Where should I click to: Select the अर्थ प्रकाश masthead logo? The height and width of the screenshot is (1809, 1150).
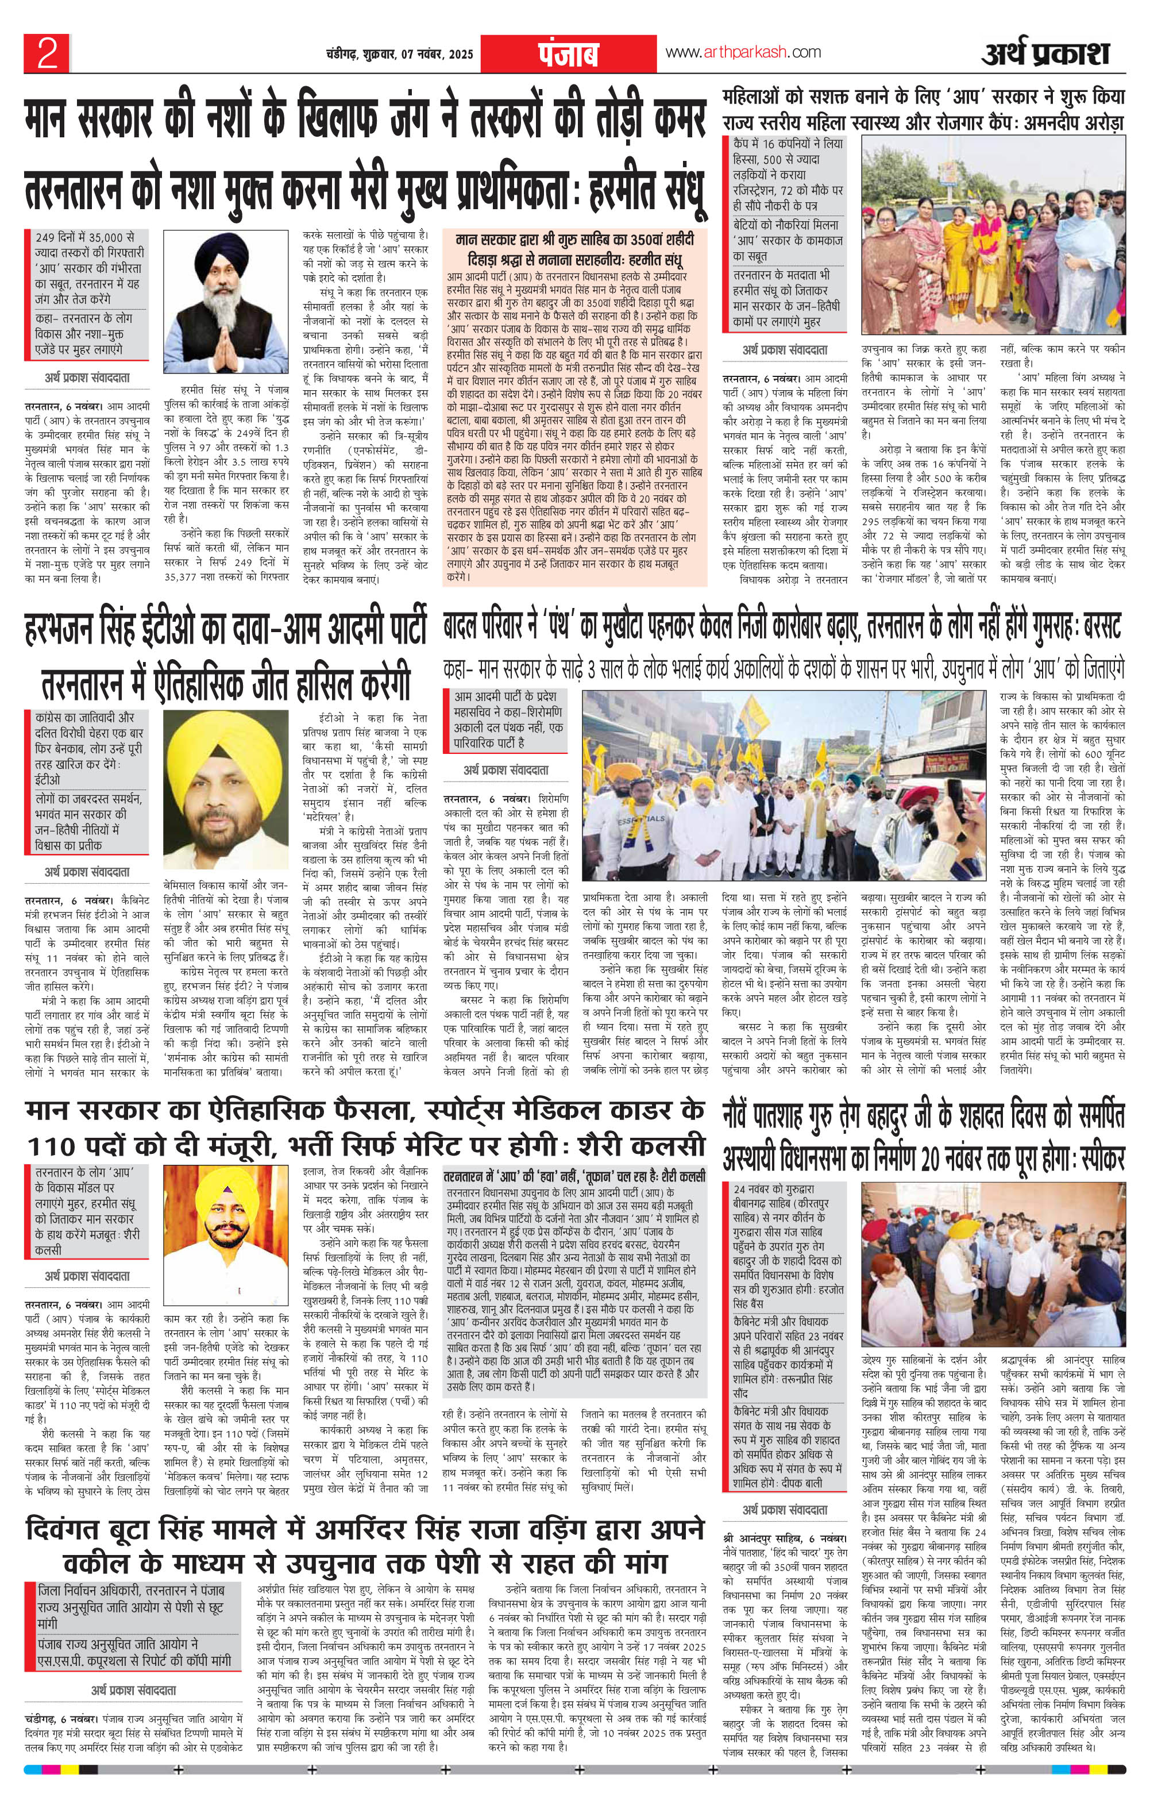[x=1044, y=54]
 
